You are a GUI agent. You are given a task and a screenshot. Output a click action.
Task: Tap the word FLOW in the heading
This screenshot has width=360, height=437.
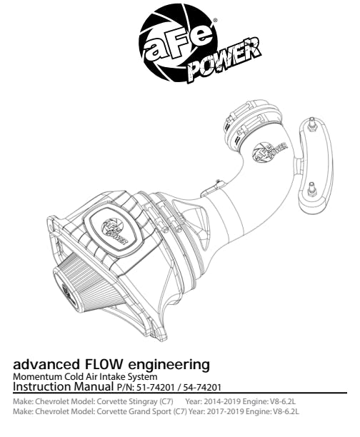pos(103,364)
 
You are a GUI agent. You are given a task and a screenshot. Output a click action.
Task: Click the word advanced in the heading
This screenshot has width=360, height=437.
pos(46,364)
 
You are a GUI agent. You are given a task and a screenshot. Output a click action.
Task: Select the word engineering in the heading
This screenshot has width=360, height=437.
pos(169,365)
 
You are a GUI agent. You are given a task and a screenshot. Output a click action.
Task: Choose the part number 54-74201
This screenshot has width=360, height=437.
pos(202,388)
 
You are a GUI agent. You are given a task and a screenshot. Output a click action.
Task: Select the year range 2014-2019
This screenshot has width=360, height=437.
pos(222,401)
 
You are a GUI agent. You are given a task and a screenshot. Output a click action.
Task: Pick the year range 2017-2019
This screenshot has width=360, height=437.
pos(225,411)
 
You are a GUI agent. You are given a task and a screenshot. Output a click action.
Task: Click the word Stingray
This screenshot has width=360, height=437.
pos(143,402)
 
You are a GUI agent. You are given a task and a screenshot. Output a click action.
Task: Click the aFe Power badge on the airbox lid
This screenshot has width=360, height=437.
pos(115,231)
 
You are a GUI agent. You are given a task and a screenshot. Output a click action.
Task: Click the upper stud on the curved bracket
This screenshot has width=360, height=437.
pos(312,124)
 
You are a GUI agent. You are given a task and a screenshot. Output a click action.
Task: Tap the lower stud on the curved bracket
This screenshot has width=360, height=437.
pos(311,189)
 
